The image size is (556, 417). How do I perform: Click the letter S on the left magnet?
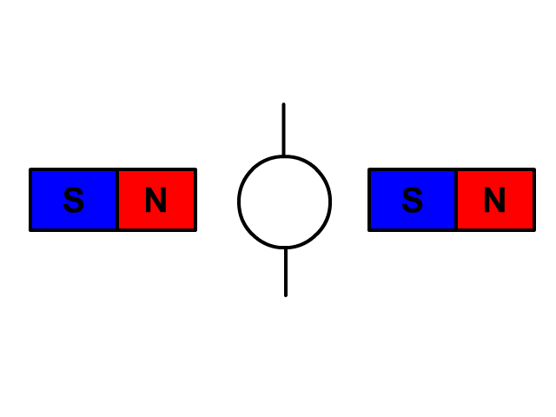(x=74, y=201)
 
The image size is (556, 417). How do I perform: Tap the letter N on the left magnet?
(x=156, y=201)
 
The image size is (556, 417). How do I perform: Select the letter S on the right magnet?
(x=413, y=201)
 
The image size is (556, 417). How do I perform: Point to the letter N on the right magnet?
(x=494, y=201)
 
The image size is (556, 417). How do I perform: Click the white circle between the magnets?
(x=285, y=202)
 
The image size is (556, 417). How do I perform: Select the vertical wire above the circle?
(x=283, y=130)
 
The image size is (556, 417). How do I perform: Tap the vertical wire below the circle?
(x=286, y=271)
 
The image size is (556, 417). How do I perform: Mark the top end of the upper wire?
(x=283, y=105)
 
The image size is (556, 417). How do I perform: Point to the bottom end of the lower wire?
(x=286, y=295)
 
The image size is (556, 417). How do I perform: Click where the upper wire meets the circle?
(x=283, y=156)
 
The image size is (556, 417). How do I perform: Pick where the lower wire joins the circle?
(x=286, y=248)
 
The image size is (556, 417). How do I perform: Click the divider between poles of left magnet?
(x=117, y=200)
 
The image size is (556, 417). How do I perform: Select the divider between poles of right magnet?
(x=456, y=200)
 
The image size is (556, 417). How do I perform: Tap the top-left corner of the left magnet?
(x=30, y=169)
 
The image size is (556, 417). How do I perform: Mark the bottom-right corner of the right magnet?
(x=534, y=230)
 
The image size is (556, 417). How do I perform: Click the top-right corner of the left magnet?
(x=195, y=169)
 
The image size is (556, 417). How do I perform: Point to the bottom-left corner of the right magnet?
(x=369, y=230)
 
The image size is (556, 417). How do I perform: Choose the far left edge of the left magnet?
(x=30, y=200)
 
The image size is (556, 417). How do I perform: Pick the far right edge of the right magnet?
(x=534, y=200)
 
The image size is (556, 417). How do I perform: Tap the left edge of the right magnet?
(x=369, y=200)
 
